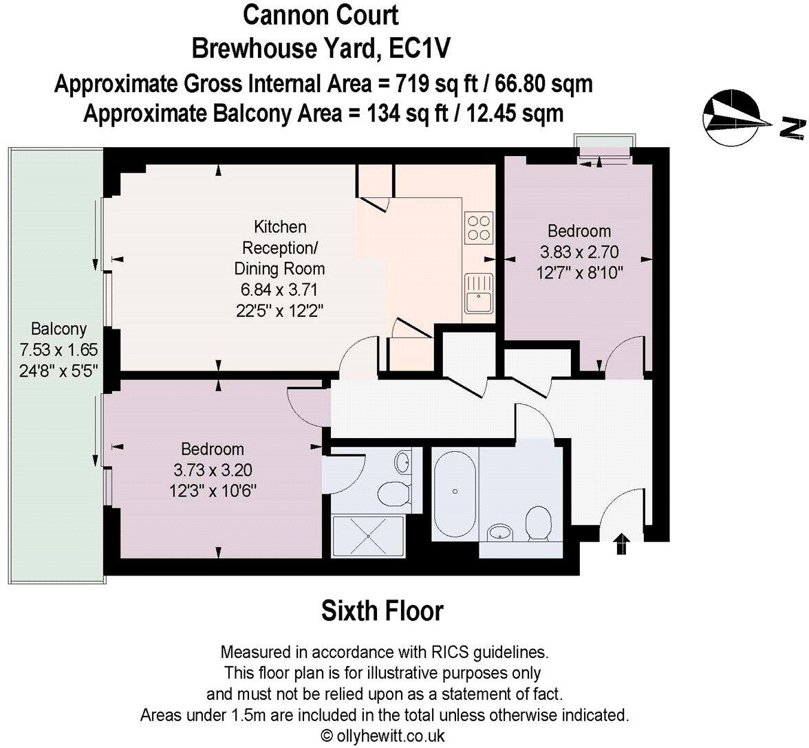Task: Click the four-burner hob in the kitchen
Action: [x=479, y=228]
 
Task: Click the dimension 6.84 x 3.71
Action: [x=279, y=289]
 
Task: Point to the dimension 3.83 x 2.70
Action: [x=579, y=252]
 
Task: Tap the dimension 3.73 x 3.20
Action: [x=212, y=471]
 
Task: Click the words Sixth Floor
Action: [x=382, y=610]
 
